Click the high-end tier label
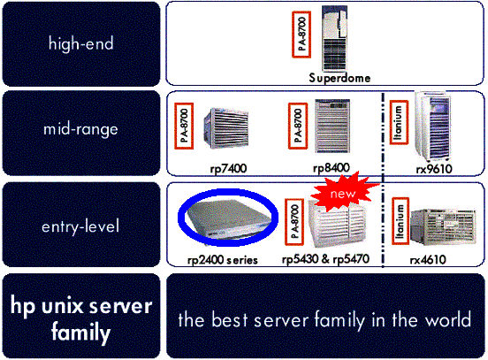point(81,43)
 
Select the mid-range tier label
point(80,129)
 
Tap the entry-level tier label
point(80,226)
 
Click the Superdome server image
point(334,38)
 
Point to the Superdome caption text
point(339,78)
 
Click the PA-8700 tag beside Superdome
point(301,34)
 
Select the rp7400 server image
point(226,127)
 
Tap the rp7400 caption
point(228,168)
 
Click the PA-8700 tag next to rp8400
point(298,126)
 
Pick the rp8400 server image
point(332,126)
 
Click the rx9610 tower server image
point(433,126)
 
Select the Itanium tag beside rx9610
point(399,122)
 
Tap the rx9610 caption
point(434,169)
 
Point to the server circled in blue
point(228,218)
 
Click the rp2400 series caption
point(223,260)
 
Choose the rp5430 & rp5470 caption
point(325,259)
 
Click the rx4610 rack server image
point(443,226)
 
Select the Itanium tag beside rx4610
point(400,221)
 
